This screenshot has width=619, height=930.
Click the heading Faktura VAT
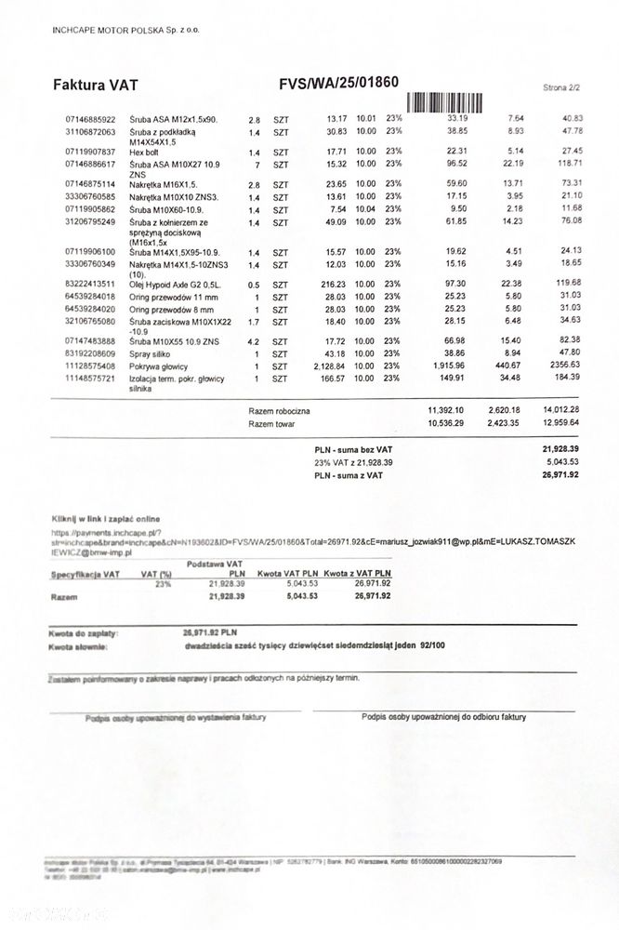point(96,85)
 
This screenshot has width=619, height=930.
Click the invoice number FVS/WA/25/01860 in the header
point(338,83)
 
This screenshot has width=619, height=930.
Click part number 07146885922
point(91,119)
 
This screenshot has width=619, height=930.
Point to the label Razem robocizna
point(280,410)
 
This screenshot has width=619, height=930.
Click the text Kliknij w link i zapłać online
point(105,517)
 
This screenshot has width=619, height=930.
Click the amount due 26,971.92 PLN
point(211,632)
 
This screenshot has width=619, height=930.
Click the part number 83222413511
point(91,283)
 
